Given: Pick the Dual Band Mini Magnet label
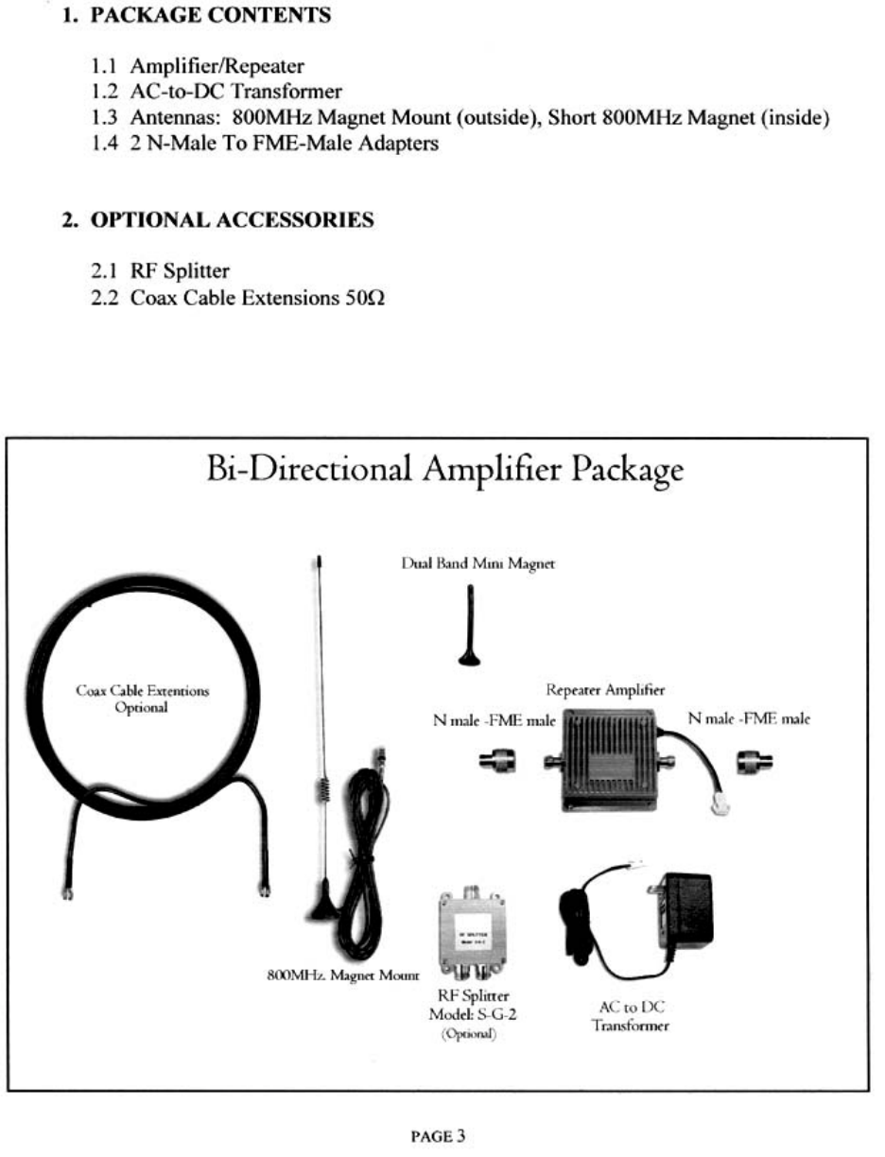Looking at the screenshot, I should pos(478,564).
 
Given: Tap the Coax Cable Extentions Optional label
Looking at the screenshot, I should pos(141,699).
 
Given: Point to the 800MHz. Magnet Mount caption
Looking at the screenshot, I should pos(343,975).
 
